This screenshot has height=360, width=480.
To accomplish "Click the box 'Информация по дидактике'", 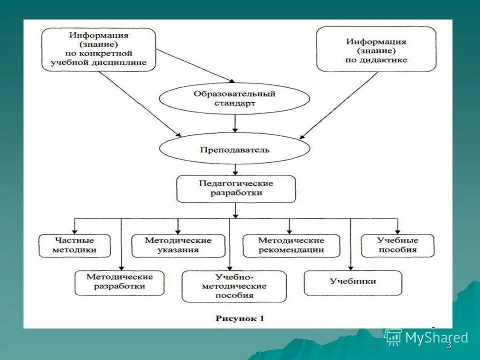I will pos(376,49).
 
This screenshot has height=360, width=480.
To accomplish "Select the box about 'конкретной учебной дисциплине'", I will pos(98,49).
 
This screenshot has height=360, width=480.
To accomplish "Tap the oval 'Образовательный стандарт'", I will pos(234,98).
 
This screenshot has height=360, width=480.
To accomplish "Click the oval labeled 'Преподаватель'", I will pos(234,149).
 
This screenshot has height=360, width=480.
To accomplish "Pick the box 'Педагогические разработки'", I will pos(236,188).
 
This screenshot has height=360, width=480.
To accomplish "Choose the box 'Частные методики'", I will pos(74,245).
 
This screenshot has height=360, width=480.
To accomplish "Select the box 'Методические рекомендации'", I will pos(291,245).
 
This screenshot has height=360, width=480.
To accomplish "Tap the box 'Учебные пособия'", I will pos(397,245).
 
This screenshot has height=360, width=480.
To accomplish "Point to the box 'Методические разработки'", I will pos(119,281).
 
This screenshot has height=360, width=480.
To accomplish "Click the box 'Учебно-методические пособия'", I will pos(234,286).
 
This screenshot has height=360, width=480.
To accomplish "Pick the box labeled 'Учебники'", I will pos(352,282).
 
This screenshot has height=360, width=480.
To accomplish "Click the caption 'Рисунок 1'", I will pos(239,318).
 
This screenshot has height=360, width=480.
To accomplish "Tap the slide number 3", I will pos(448,345).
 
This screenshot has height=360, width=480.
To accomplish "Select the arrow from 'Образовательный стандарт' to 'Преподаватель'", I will pos(235,123).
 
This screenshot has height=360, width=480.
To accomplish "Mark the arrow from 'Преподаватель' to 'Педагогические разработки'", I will pos(235,169).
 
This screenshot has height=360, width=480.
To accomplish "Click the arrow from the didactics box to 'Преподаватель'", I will pos(340,105).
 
